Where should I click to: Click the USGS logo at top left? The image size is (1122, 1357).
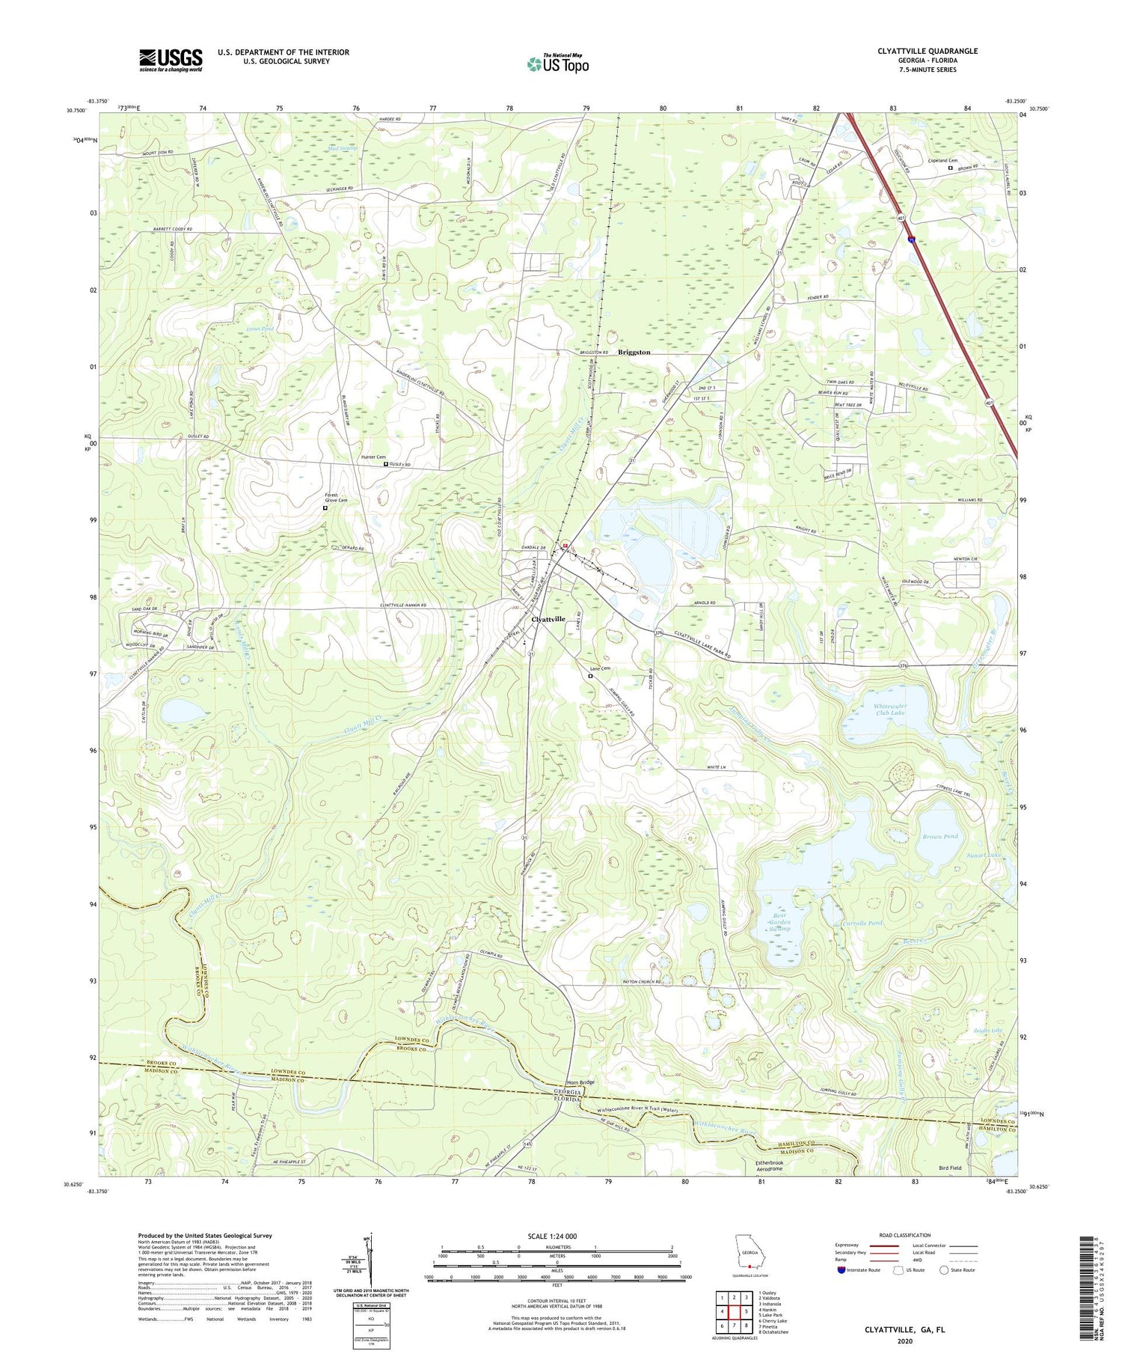pyautogui.click(x=171, y=60)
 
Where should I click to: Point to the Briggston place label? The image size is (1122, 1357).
pyautogui.click(x=634, y=352)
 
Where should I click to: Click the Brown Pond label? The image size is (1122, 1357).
pyautogui.click(x=939, y=836)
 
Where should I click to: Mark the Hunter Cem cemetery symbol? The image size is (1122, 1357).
pyautogui.click(x=386, y=465)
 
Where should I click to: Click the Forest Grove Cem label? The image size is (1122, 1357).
pyautogui.click(x=331, y=498)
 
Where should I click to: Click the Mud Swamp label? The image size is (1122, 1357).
pyautogui.click(x=343, y=148)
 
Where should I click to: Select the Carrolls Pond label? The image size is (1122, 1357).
pyautogui.click(x=862, y=923)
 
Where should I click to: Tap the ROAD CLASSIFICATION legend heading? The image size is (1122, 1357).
pyautogui.click(x=904, y=1236)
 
